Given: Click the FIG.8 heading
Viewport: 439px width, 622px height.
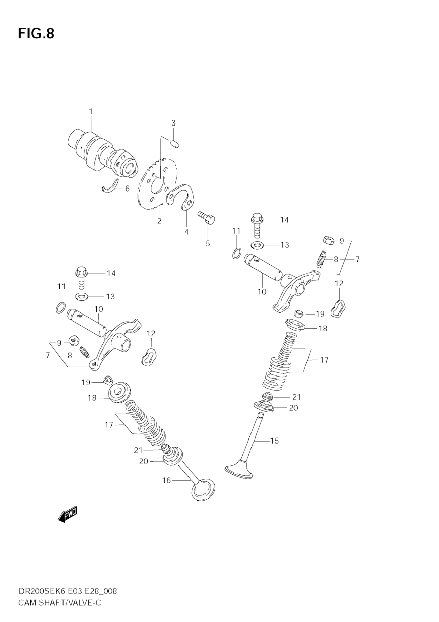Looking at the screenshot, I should pyautogui.click(x=36, y=34).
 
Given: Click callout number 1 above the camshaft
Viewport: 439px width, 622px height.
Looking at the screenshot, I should pyautogui.click(x=91, y=111).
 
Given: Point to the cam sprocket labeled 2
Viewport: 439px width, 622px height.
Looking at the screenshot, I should pyautogui.click(x=146, y=190).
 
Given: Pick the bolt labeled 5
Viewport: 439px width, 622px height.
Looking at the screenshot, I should pyautogui.click(x=207, y=217).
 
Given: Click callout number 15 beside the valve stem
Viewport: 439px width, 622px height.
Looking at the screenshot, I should pyautogui.click(x=274, y=441).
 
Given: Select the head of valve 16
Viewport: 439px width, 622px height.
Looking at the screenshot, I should pyautogui.click(x=204, y=490).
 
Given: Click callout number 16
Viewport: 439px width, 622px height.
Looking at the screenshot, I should pyautogui.click(x=166, y=480).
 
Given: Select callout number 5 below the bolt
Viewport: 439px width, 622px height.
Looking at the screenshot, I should pyautogui.click(x=208, y=243).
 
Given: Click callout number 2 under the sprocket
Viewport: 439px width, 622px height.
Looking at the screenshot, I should pyautogui.click(x=159, y=221).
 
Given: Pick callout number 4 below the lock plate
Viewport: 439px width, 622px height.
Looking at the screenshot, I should pyautogui.click(x=186, y=232).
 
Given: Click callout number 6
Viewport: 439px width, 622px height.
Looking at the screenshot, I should pyautogui.click(x=127, y=189).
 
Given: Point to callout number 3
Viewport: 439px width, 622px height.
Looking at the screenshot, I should pyautogui.click(x=174, y=123).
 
